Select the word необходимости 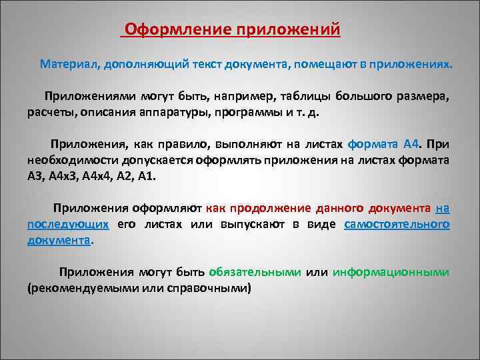click(x=69, y=161)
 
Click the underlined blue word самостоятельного click(x=397, y=225)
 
